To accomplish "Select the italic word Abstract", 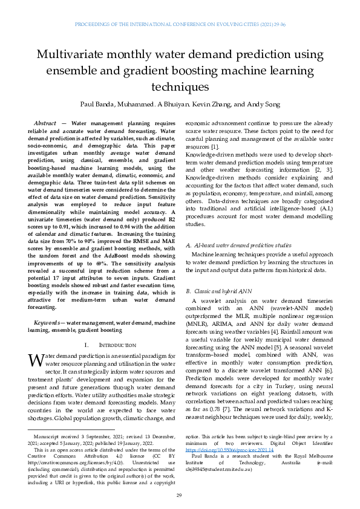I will pyautogui.click(x=46, y=123).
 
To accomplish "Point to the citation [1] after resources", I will pyautogui.click(x=214, y=147).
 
